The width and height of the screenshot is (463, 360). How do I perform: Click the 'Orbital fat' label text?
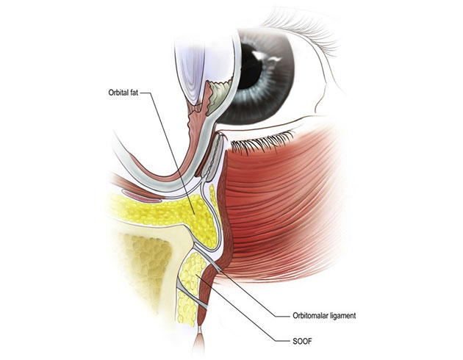point(123,93)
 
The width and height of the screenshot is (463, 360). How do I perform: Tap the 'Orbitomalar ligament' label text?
point(324,315)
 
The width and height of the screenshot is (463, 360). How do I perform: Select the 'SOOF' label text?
point(302,342)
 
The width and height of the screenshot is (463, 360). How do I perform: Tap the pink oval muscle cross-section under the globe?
point(141,196)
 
